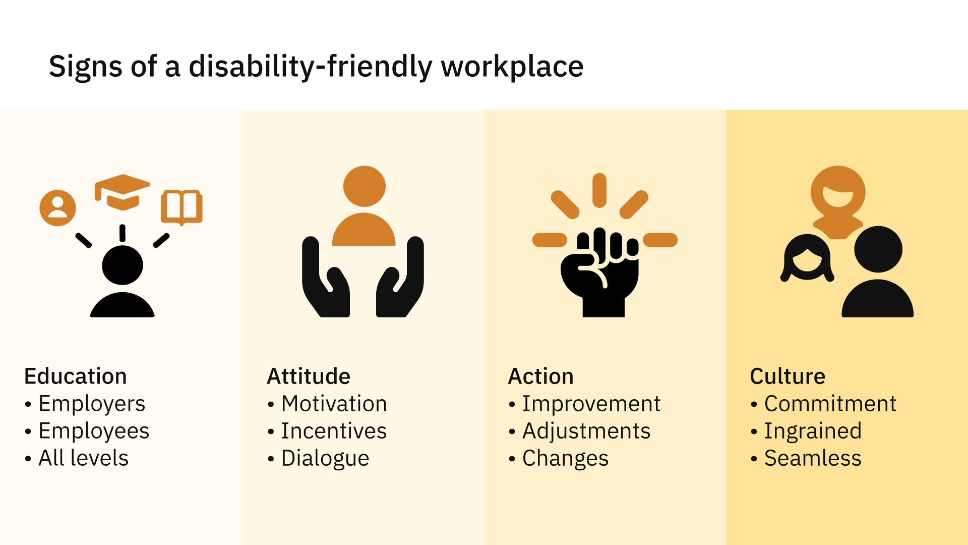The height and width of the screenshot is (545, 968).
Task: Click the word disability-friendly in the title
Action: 310,67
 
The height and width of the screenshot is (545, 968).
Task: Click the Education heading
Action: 76,376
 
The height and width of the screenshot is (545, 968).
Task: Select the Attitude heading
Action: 309,376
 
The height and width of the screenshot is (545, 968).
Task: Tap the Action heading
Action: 541,376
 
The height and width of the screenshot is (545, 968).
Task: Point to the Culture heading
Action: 788,376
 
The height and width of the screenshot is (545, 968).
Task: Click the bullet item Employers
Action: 92,404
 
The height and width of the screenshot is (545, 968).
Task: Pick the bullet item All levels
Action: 84,458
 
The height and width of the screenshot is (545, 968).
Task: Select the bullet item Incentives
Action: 334,431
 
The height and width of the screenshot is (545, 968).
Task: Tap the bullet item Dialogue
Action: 325,459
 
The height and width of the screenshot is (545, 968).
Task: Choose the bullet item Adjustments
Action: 586,431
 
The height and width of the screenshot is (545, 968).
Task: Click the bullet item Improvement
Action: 591,404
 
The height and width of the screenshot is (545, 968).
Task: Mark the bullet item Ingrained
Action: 813,431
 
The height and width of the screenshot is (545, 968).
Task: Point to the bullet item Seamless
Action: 813,458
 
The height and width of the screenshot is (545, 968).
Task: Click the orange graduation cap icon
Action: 123,192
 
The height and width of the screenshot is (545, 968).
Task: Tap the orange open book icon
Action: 181,207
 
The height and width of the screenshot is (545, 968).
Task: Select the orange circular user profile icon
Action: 58,208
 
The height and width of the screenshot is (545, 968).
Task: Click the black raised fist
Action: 600,272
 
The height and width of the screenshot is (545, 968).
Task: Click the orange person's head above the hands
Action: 364,186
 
